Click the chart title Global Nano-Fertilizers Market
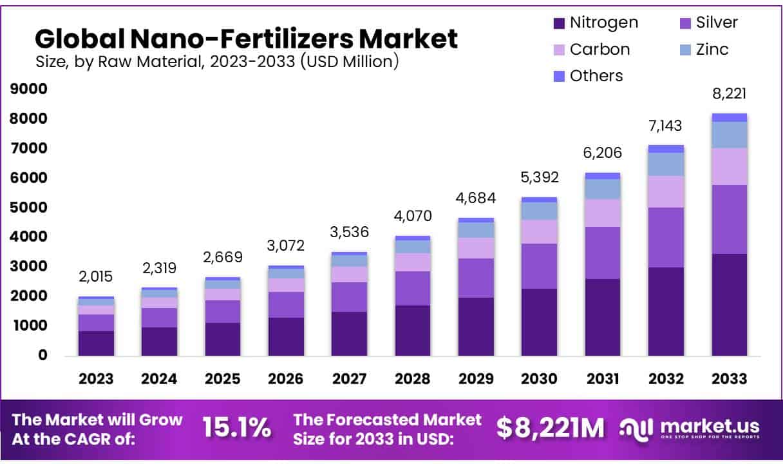(246, 39)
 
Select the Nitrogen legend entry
(596, 23)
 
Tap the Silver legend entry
(708, 23)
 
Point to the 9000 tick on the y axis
(28, 89)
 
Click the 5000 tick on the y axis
(28, 208)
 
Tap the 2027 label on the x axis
(350, 379)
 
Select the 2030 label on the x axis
(540, 379)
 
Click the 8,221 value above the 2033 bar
(730, 95)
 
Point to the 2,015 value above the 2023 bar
(96, 277)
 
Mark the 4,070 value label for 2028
(413, 216)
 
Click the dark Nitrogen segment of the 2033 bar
(730, 304)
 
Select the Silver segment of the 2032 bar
(666, 237)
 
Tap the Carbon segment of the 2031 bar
(603, 213)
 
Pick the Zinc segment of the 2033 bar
(730, 135)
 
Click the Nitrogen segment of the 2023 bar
(96, 343)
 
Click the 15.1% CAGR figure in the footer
(236, 428)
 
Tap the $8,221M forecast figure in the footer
(550, 428)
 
